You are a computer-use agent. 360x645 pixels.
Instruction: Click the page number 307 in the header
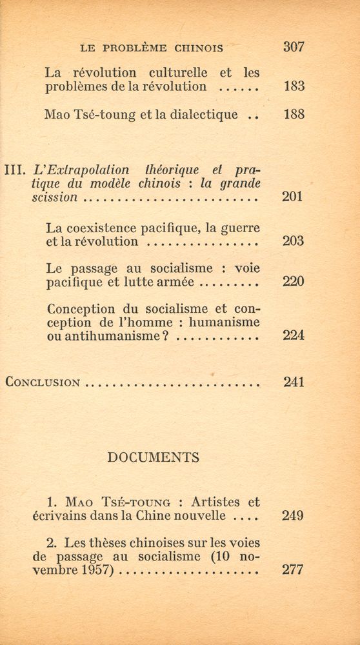coord(293,47)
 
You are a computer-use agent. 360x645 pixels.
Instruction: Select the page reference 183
coord(293,86)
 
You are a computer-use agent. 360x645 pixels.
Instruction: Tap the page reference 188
coord(293,115)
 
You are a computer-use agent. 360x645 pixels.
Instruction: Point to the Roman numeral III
coord(15,171)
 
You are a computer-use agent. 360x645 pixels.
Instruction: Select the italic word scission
coord(55,198)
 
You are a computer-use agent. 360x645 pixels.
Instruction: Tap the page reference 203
coord(293,242)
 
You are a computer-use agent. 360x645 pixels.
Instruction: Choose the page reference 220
coord(293,282)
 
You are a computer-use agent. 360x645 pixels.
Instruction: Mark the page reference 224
coord(293,336)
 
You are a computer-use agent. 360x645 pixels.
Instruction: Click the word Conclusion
coord(43,382)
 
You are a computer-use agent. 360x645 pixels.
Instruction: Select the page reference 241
coord(293,382)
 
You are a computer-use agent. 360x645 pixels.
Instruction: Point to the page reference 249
coord(293,516)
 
